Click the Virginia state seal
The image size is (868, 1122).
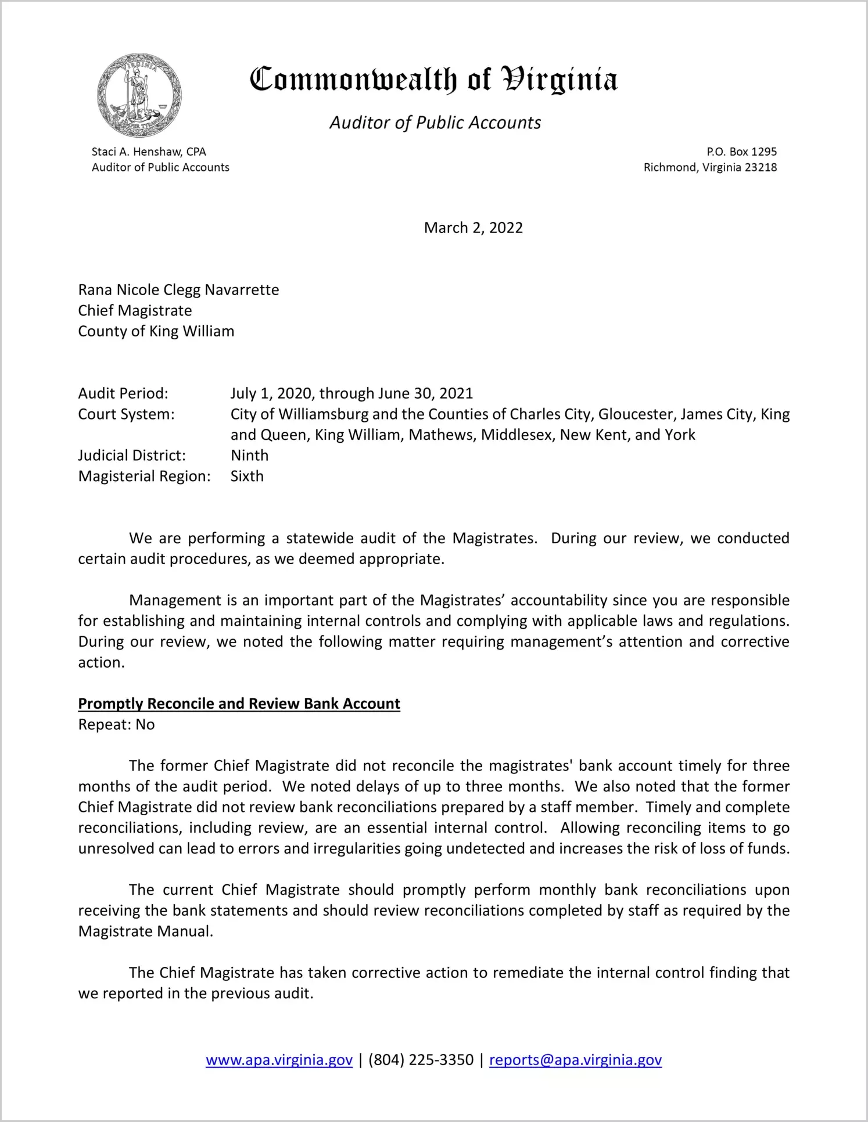pos(139,95)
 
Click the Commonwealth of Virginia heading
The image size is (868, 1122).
pos(433,80)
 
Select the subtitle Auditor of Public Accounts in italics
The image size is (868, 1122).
pos(435,123)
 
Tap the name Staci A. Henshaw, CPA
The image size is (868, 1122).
pos(149,152)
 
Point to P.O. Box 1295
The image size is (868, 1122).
pos(741,152)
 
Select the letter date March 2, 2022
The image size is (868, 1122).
pos(473,228)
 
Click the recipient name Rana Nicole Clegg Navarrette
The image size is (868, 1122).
pos(178,290)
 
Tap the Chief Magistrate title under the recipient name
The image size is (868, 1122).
pos(135,311)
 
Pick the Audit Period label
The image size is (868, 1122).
pos(123,393)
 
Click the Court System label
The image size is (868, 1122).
pos(126,414)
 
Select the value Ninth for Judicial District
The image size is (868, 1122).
pos(249,456)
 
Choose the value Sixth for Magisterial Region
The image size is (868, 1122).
pos(247,476)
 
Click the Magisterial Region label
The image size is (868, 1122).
pos(144,476)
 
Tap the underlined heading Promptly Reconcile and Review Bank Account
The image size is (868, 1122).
pos(239,704)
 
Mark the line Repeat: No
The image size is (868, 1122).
pos(116,725)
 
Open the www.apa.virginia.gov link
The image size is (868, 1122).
pos(279,1060)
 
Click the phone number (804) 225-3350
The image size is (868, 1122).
pos(421,1060)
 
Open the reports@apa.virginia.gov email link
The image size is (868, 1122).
pos(575,1060)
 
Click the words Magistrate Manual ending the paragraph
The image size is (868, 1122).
pos(145,931)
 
